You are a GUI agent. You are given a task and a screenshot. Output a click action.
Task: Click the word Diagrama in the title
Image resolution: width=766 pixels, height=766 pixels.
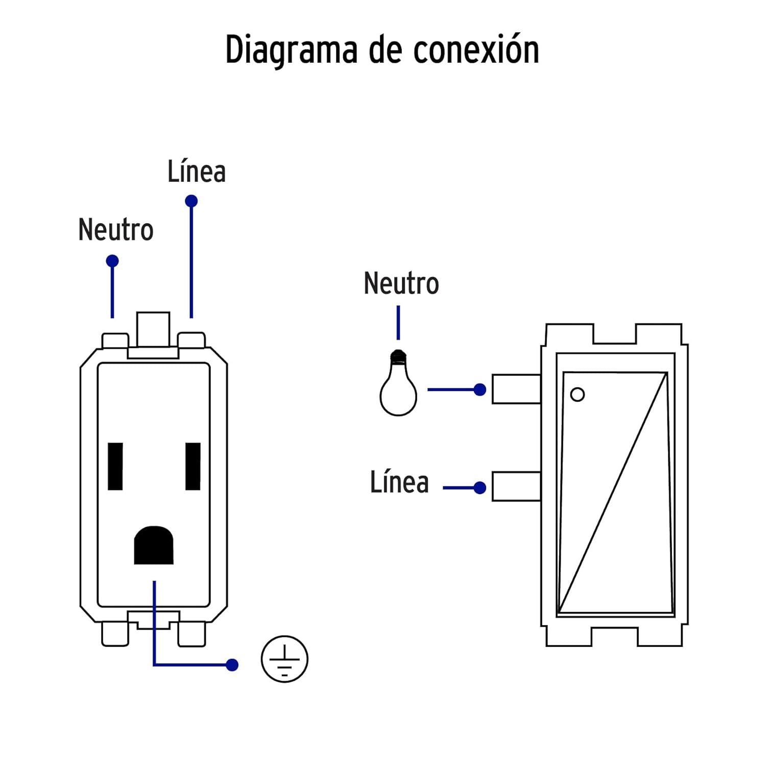point(291,50)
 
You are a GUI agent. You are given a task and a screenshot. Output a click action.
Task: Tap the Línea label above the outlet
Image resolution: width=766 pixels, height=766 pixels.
point(197,172)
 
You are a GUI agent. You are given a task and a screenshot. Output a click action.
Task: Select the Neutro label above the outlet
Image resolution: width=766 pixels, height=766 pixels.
point(116,230)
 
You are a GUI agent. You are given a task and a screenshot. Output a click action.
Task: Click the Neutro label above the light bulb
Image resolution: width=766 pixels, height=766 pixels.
point(401,283)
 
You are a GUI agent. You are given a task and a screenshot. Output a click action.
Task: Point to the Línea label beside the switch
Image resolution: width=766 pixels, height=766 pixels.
point(399,483)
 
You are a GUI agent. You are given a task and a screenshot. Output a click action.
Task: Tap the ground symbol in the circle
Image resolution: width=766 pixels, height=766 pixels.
point(284,659)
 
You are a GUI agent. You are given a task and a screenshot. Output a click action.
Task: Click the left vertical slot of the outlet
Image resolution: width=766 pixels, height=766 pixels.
point(115,466)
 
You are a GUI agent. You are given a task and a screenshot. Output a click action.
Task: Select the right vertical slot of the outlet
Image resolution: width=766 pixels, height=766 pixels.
point(193,466)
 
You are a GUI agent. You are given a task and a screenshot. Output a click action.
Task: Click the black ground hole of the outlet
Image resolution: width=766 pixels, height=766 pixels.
point(153,545)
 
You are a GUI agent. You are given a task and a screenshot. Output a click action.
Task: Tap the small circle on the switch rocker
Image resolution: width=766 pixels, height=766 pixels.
point(577,395)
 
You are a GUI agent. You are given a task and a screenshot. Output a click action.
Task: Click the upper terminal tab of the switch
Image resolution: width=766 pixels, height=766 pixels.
point(516,389)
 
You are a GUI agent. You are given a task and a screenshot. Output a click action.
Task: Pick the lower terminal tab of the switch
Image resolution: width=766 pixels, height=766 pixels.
point(516,486)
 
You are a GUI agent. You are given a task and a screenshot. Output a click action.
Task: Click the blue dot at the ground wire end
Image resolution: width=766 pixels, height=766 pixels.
point(232,665)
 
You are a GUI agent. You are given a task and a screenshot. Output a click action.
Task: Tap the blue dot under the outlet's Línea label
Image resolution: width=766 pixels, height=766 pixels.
point(192,201)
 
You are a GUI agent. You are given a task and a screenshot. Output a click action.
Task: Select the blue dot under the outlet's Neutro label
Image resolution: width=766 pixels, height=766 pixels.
point(112,261)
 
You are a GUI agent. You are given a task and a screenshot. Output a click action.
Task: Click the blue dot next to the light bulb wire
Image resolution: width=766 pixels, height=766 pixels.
point(480,390)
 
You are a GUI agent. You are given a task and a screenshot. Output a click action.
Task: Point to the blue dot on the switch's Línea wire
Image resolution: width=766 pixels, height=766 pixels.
point(480,488)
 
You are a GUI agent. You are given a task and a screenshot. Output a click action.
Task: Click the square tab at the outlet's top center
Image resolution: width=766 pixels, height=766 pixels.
point(153,329)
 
